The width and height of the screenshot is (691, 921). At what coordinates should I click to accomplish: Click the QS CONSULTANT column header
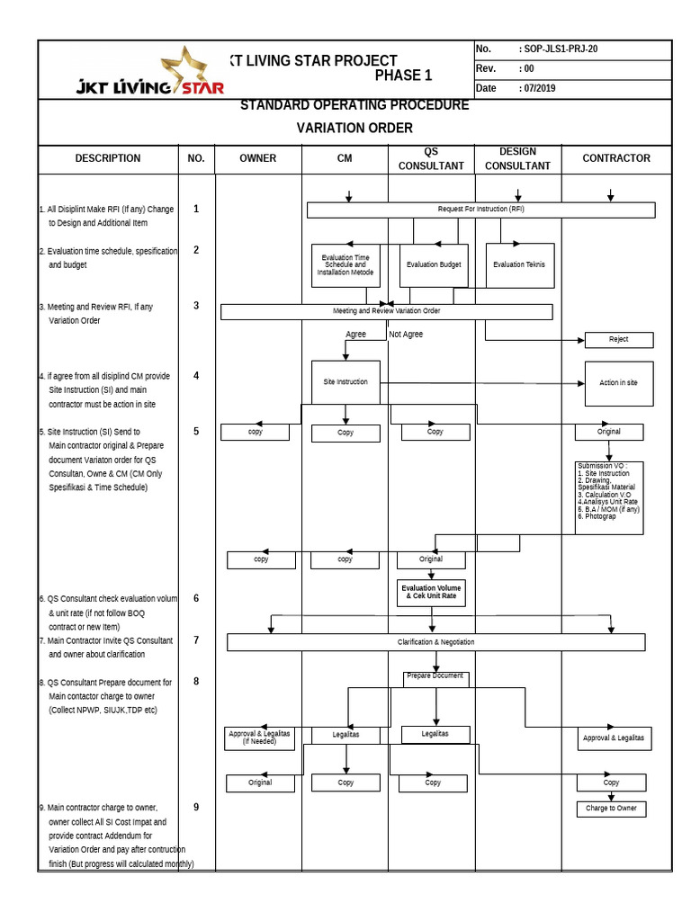[x=431, y=158]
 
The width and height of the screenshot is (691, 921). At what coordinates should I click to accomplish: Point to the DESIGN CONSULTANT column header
[x=517, y=158]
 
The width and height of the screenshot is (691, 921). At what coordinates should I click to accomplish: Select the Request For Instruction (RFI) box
[x=480, y=210]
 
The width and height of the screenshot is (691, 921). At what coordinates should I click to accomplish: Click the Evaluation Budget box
[x=434, y=265]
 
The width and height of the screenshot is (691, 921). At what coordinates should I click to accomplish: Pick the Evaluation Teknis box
[x=519, y=265]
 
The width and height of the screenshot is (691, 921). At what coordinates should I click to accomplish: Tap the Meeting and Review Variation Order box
[x=386, y=311]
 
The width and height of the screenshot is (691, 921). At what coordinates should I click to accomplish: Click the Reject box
[x=618, y=340]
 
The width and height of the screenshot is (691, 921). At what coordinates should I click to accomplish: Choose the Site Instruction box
[x=345, y=382]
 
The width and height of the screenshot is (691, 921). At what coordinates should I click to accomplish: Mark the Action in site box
[x=618, y=383]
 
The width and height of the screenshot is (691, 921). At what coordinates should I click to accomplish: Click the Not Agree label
[x=406, y=335]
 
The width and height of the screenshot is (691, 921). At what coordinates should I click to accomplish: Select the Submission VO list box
[x=609, y=497]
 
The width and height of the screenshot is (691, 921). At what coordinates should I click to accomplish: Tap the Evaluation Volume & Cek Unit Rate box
[x=431, y=592]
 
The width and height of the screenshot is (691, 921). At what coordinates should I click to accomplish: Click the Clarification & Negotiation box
[x=435, y=642]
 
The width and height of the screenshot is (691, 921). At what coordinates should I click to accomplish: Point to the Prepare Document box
[x=435, y=677]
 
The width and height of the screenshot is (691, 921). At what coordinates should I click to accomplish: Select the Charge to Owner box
[x=611, y=809]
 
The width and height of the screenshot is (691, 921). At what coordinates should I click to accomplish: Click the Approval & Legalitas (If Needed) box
[x=260, y=738]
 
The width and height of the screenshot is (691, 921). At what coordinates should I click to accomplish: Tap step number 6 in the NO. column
[x=196, y=598]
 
